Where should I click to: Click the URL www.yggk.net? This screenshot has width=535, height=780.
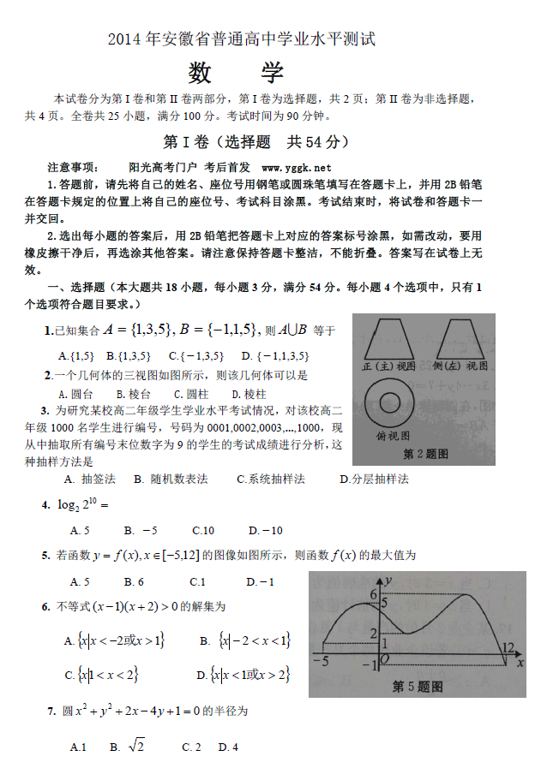pos(297,167)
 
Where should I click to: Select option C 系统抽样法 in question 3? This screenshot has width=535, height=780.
pos(271,479)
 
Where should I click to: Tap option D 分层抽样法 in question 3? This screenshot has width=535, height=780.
pos(376,479)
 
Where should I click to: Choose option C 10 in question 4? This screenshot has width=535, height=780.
pos(203,530)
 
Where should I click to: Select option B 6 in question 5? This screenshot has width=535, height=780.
pos(133,581)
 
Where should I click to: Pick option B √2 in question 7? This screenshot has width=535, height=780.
pos(128,747)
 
